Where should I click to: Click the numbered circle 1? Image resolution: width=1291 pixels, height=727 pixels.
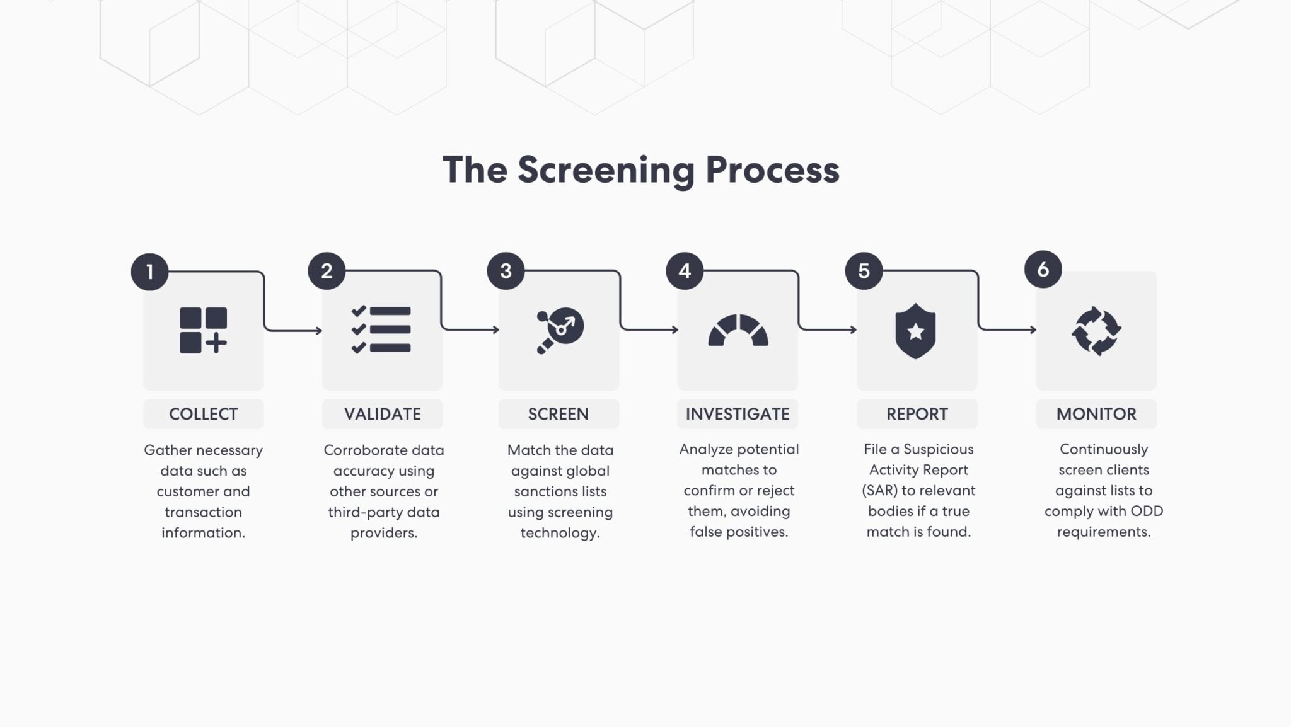[149, 272]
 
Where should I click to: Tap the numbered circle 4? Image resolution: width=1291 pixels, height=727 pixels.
[685, 271]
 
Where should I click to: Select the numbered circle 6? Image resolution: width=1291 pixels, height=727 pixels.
[1043, 270]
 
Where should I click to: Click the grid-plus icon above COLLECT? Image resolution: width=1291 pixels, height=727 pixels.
[203, 330]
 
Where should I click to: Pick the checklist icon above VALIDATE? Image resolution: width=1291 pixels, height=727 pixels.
[381, 329]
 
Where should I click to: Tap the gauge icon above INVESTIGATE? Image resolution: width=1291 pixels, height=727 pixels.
[738, 330]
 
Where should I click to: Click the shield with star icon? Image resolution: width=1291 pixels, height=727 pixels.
[915, 331]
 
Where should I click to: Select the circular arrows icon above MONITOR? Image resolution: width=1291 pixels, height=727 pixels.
[1096, 331]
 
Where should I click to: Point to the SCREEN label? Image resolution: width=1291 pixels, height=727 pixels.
[558, 414]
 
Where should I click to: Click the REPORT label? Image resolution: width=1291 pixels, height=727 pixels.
[917, 414]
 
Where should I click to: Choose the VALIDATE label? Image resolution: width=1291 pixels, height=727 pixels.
[382, 414]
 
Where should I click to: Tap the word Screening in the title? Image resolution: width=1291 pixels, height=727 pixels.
[606, 171]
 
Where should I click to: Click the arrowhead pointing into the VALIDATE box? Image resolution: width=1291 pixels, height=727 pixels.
[319, 330]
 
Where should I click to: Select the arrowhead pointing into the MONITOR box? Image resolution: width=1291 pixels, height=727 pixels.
[1033, 329]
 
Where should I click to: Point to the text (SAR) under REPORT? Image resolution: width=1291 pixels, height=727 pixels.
[879, 490]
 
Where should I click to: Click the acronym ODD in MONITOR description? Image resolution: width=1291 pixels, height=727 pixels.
[1146, 511]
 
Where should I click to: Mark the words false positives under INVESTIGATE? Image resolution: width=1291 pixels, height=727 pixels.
[739, 532]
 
